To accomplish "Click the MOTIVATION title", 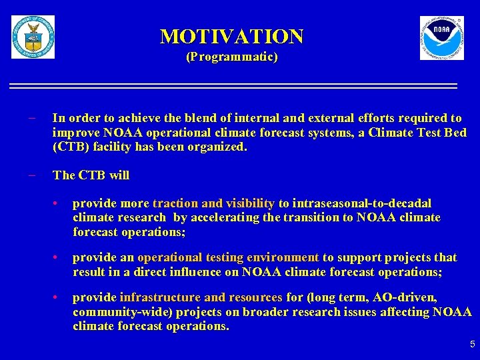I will [x=231, y=35].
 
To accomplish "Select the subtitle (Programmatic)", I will [x=231, y=57].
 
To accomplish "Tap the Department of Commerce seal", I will [x=33, y=37].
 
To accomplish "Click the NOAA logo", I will [x=441, y=38].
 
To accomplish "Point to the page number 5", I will [x=472, y=345].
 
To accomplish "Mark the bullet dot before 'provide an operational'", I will [x=59, y=258].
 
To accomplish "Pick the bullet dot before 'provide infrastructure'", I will [x=59, y=298].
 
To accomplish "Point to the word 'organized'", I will [x=221, y=147].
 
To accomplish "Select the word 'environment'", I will [x=283, y=257].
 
